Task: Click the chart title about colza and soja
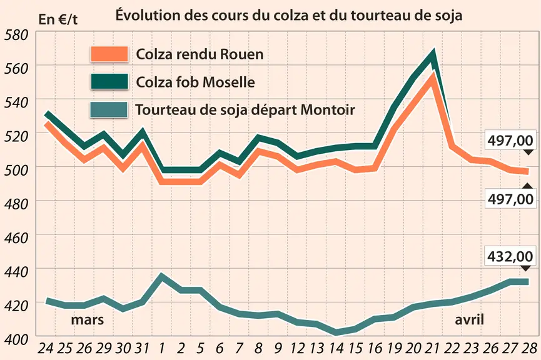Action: [288, 15]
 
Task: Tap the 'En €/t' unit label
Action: [58, 19]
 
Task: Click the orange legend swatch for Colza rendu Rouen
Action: [109, 54]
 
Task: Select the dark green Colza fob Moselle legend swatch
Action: [109, 82]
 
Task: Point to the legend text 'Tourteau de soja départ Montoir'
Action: [245, 110]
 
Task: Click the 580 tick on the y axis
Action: [16, 35]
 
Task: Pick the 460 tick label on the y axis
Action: [16, 238]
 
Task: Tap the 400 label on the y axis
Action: [16, 339]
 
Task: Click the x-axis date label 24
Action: [46, 349]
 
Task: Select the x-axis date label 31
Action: [141, 349]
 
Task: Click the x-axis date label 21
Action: [432, 349]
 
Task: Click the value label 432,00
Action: [510, 256]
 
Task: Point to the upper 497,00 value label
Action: [510, 141]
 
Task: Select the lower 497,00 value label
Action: [510, 199]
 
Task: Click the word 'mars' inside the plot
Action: [88, 319]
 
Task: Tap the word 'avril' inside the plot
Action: [469, 319]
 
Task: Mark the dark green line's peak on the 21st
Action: [433, 52]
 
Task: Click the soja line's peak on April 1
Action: [161, 276]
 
